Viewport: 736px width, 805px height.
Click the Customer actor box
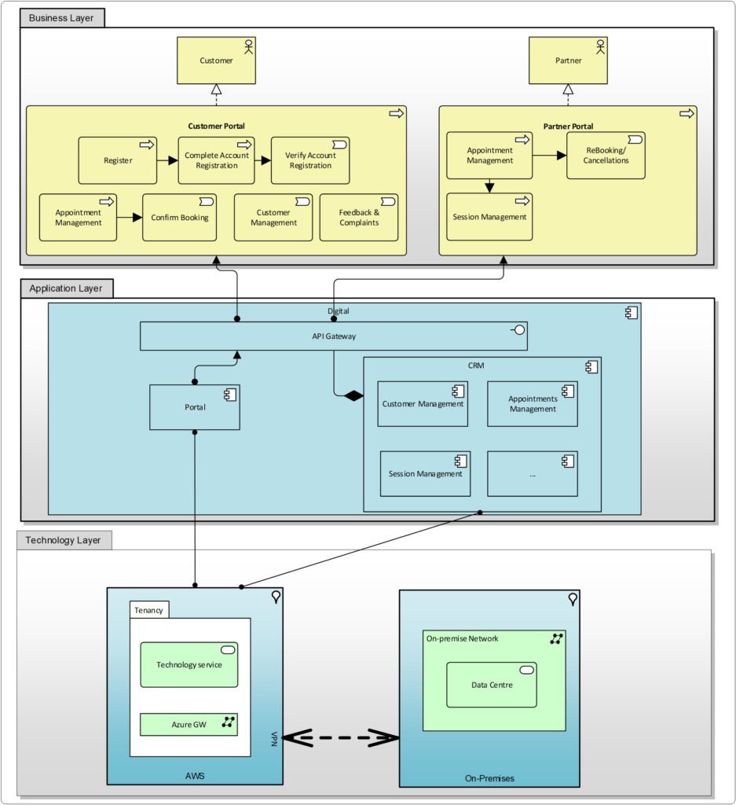pyautogui.click(x=216, y=60)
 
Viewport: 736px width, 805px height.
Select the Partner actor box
pyautogui.click(x=568, y=60)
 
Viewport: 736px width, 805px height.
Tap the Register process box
pyautogui.click(x=118, y=160)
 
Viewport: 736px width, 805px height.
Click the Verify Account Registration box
pyautogui.click(x=310, y=160)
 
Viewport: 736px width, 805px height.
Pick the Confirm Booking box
pyautogui.click(x=180, y=217)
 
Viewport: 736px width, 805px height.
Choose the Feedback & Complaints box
pyautogui.click(x=359, y=217)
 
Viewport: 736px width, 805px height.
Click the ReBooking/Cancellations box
pyautogui.click(x=606, y=155)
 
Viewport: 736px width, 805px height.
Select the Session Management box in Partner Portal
pyautogui.click(x=489, y=217)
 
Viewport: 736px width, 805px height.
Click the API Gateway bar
pyautogui.click(x=333, y=336)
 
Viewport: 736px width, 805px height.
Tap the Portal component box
pyautogui.click(x=194, y=407)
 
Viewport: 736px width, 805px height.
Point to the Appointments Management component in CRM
pyautogui.click(x=533, y=403)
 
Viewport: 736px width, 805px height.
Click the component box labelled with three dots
pyautogui.click(x=533, y=474)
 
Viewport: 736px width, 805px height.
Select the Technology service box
pyautogui.click(x=189, y=664)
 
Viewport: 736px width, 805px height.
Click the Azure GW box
pyautogui.click(x=189, y=724)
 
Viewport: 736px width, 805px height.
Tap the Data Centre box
pyautogui.click(x=492, y=685)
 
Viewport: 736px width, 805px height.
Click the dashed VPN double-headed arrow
pyautogui.click(x=341, y=737)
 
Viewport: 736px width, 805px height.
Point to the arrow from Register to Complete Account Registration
pyautogui.click(x=167, y=160)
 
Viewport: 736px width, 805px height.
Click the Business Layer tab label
pyautogui.click(x=61, y=17)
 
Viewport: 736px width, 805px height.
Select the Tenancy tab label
pyautogui.click(x=148, y=610)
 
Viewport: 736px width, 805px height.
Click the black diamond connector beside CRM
pyautogui.click(x=353, y=395)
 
